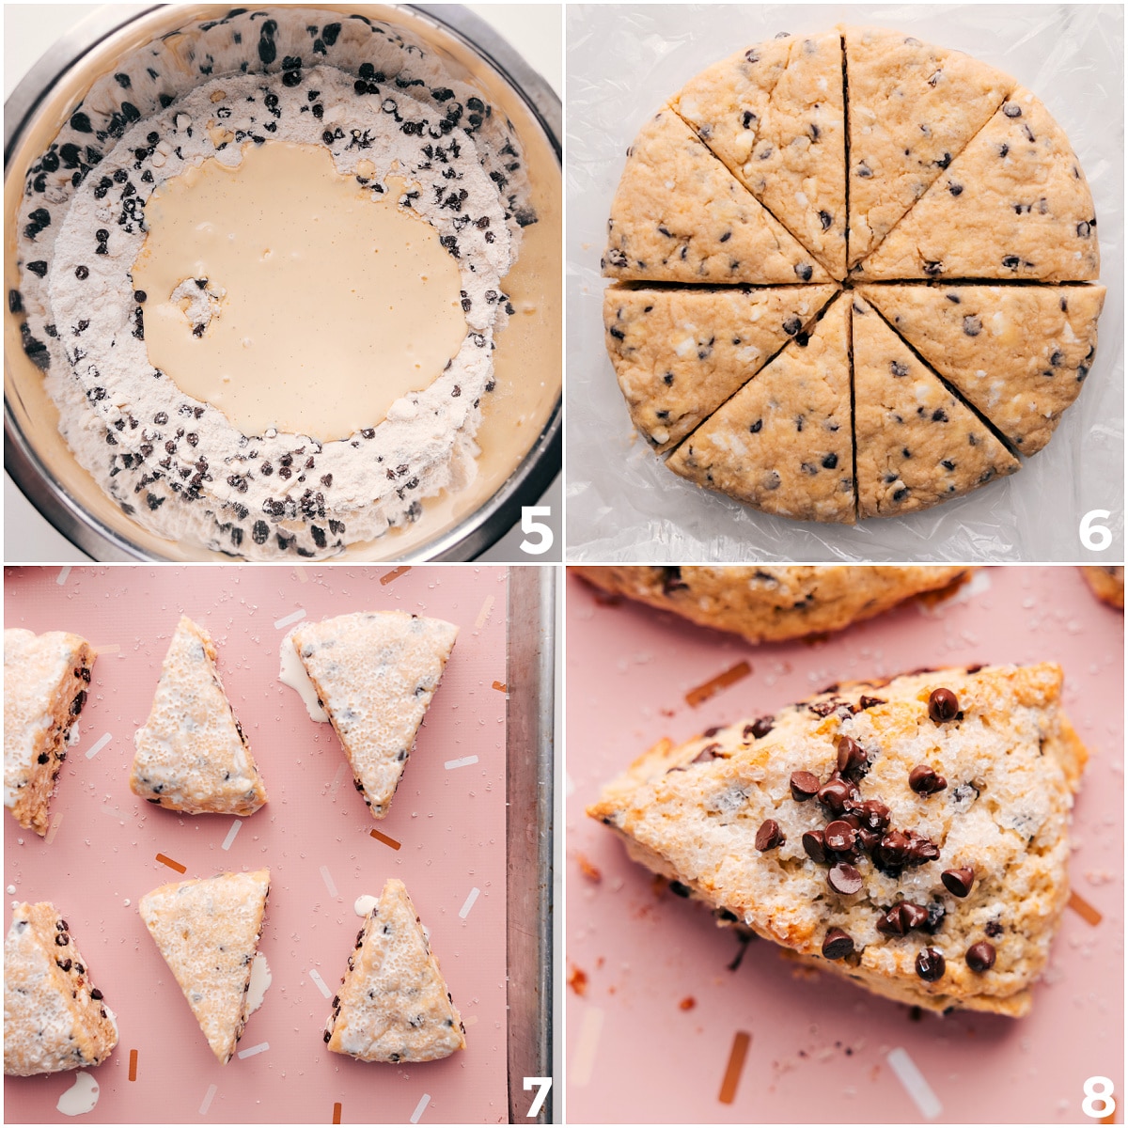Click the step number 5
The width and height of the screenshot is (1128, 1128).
[x=535, y=531]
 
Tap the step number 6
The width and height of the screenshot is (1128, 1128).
[x=1095, y=531]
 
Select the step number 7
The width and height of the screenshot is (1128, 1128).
[x=536, y=1096]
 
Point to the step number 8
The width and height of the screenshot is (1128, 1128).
[x=1097, y=1096]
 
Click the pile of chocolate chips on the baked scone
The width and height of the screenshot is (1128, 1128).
[x=855, y=827]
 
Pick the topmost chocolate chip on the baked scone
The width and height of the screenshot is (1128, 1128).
[x=943, y=704]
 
